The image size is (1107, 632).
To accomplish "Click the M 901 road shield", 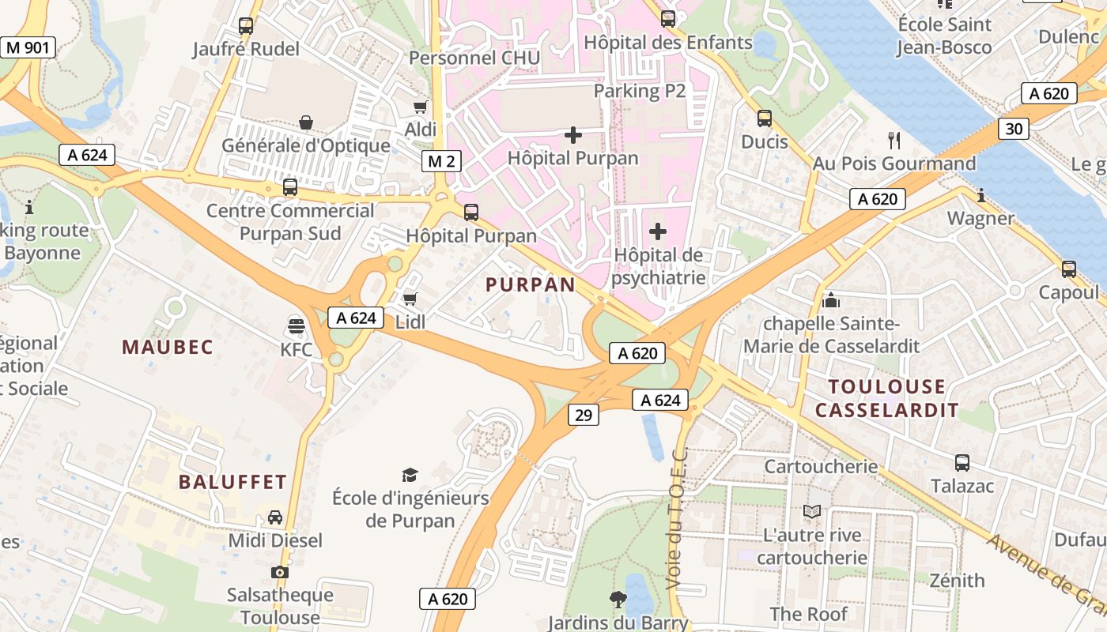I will coord(28,47).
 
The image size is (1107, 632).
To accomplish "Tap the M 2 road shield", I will coord(441,162).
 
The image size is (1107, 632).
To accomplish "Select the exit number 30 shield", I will coord(1013,129).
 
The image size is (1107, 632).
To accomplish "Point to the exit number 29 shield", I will coord(583,415).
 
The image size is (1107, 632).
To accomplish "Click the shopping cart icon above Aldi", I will coord(420,107).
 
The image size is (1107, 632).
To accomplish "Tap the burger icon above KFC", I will coord(297,325).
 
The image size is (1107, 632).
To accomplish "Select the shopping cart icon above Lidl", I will coord(410,299).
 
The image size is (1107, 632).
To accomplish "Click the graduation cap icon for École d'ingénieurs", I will coord(410,475).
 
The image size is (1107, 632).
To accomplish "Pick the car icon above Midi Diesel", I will coord(275,517).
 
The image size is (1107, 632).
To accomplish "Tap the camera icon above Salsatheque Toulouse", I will coord(279,572).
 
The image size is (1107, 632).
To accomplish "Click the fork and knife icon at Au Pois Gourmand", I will coord(894,141).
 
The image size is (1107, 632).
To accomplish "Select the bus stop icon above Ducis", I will coord(765,118).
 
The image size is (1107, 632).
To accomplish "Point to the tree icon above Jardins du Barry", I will coord(618,600).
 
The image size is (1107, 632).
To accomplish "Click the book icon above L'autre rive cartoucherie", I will coord(812,512).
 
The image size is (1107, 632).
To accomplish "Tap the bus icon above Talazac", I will coord(962,463).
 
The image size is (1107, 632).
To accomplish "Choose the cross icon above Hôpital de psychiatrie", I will coord(658,231).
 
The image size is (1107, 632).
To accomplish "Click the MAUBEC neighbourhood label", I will coord(168,347).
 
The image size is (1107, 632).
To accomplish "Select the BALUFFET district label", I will coord(232,482).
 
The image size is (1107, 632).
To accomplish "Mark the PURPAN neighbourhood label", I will coord(531,285).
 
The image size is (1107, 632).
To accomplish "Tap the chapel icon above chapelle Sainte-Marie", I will coord(830,300).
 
